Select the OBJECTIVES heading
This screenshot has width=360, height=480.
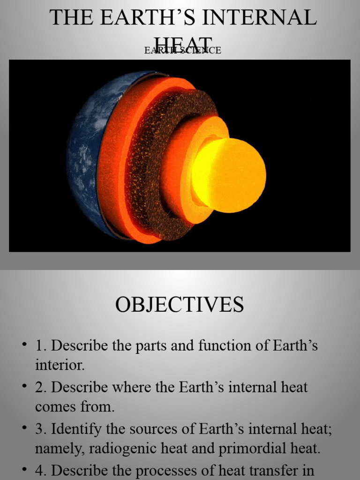[x=180, y=305]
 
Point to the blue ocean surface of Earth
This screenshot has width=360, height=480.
[x=84, y=155]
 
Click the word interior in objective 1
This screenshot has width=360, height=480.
[x=59, y=366]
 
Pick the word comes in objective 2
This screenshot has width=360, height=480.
[x=55, y=407]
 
